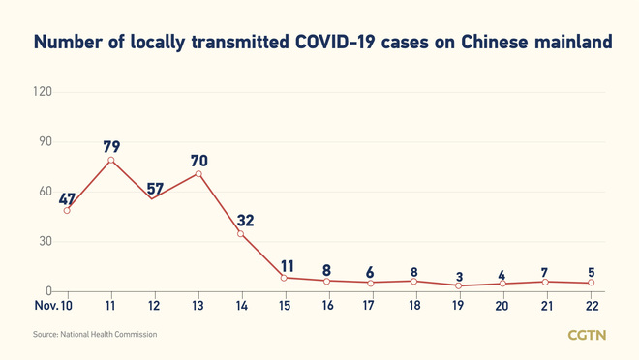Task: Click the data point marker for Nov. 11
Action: [111, 160]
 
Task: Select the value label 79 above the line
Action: [111, 147]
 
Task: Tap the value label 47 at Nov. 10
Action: [67, 199]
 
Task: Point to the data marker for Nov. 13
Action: [198, 174]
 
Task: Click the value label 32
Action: [244, 221]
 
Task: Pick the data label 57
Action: [155, 188]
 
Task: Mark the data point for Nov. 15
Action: [284, 278]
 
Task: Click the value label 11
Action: [287, 265]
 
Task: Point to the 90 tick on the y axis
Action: [44, 141]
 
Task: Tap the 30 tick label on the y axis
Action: [44, 241]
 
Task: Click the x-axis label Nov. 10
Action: [53, 306]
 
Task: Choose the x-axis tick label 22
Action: [592, 306]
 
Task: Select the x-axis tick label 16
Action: [328, 306]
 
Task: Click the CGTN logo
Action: [587, 335]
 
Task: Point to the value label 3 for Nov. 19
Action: [460, 277]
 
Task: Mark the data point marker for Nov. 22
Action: [592, 283]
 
